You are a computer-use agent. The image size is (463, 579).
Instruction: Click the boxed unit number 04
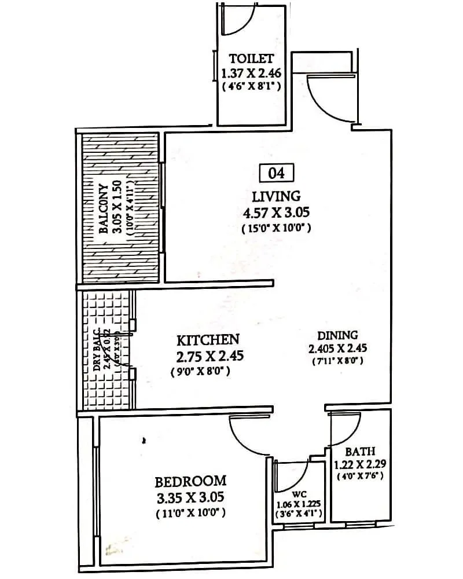tap(277, 173)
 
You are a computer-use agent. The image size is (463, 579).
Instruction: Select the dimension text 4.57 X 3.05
tap(277, 212)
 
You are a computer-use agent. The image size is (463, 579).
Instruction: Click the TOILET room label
tap(251, 58)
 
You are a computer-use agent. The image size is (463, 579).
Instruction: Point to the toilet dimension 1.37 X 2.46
tap(251, 74)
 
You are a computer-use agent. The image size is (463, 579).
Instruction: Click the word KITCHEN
tap(208, 339)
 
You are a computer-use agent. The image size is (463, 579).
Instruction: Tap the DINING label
tap(337, 335)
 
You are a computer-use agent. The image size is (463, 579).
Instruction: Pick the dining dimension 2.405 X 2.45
tap(337, 349)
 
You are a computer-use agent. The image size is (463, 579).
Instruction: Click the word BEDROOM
tap(190, 481)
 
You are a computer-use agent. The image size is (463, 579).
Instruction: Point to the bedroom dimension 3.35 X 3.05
tap(190, 497)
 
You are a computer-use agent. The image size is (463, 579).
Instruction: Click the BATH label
tap(360, 451)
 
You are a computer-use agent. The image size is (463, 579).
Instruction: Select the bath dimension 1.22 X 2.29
tap(360, 464)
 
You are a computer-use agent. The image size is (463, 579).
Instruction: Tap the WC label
tap(299, 494)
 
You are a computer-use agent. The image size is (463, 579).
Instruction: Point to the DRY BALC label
tap(97, 351)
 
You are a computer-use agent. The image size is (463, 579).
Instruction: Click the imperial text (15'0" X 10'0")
tap(277, 228)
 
